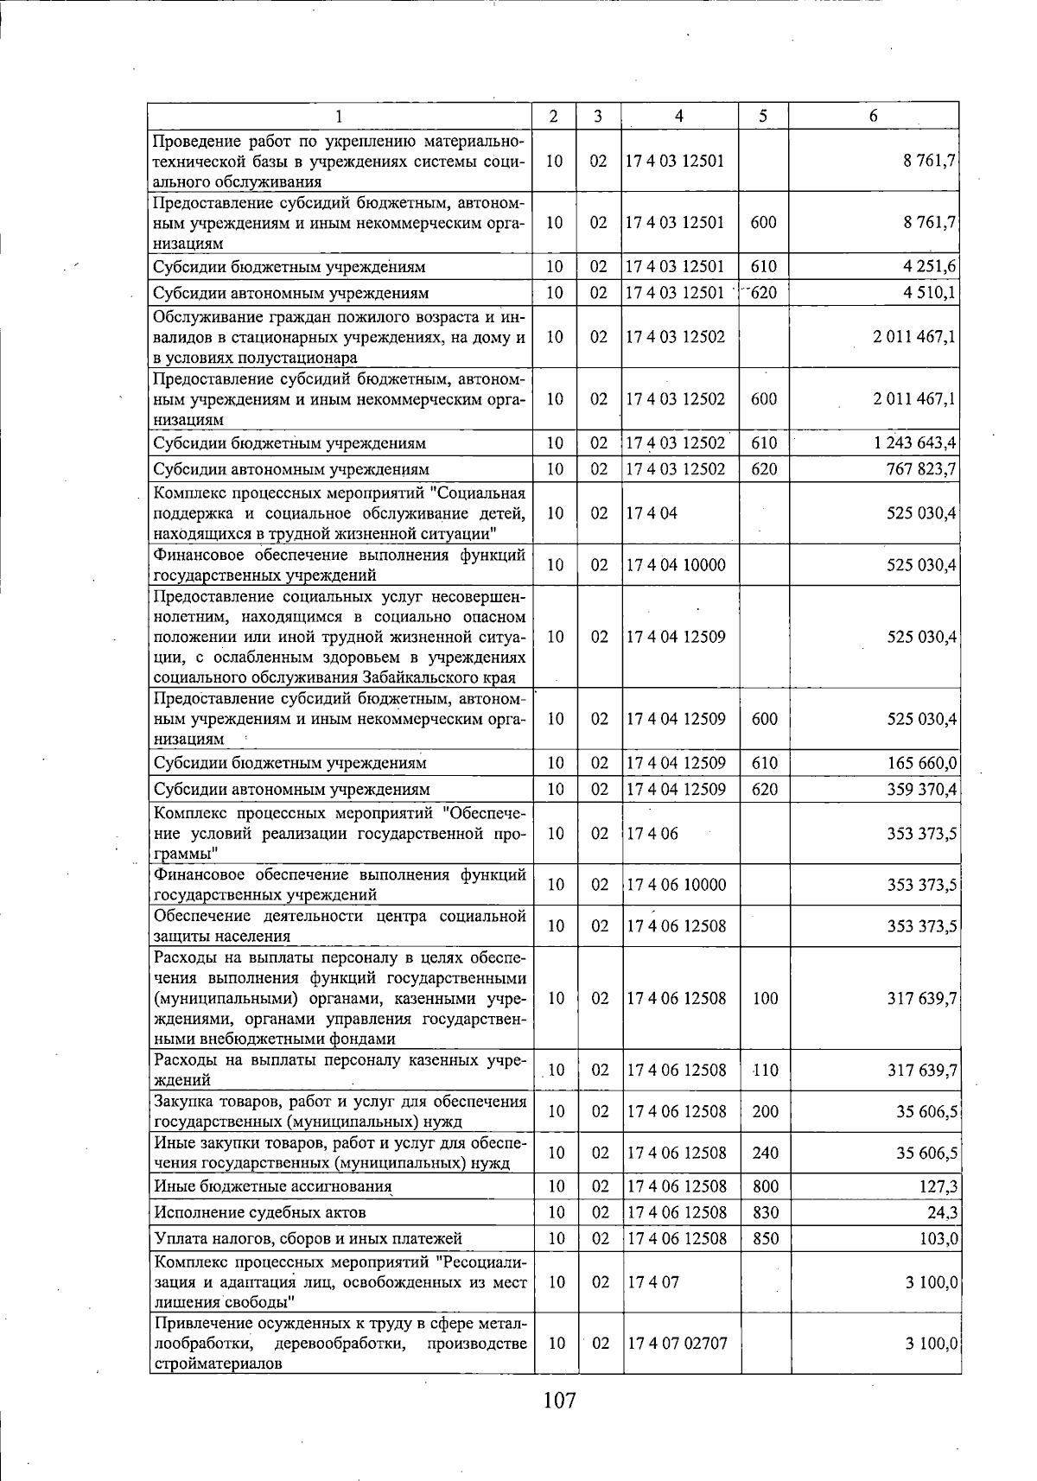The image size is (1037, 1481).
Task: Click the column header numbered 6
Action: [874, 116]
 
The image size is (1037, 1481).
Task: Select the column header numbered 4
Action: [679, 116]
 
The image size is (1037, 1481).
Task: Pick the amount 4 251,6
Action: [929, 267]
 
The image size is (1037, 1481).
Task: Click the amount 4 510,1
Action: [929, 293]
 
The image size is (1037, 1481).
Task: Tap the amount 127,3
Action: [938, 1186]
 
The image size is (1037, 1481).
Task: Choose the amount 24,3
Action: [942, 1212]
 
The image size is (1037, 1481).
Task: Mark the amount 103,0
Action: [938, 1238]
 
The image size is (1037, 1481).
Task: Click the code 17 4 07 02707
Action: [678, 1343]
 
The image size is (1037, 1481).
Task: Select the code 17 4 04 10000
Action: [676, 565]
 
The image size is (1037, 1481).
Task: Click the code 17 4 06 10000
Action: [677, 885]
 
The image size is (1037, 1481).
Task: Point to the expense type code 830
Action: [765, 1212]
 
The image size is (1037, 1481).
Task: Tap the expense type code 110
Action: [765, 1070]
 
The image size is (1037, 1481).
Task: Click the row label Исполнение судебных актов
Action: [259, 1212]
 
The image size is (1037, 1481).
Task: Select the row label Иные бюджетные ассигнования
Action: [272, 1186]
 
